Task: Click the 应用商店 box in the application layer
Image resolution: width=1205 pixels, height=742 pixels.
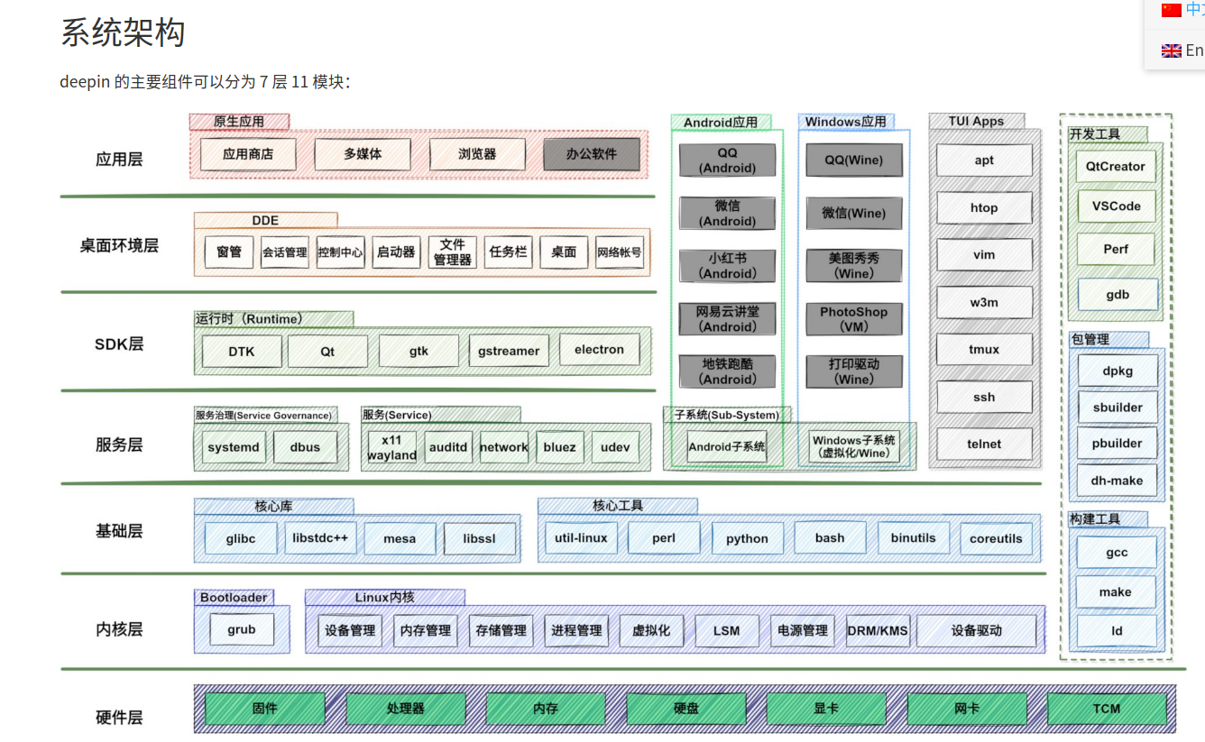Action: tap(248, 154)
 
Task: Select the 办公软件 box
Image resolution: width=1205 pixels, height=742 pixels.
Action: tap(592, 154)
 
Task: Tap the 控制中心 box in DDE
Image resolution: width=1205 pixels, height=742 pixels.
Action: tap(340, 252)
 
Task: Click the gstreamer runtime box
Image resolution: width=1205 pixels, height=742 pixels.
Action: tap(509, 351)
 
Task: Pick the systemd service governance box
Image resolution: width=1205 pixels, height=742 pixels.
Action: tap(234, 447)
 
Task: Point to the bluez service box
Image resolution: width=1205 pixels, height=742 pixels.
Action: tap(559, 447)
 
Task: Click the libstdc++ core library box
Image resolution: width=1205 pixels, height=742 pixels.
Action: tap(320, 538)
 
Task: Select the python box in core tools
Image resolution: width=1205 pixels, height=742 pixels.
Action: tap(747, 538)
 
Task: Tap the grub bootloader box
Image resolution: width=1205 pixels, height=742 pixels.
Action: tap(242, 630)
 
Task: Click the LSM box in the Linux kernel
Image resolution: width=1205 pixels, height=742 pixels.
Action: tap(726, 630)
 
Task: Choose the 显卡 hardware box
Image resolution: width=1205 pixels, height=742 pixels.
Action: tap(826, 709)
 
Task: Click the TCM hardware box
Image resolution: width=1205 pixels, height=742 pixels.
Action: tap(1106, 709)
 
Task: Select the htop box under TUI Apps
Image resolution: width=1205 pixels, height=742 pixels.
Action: tap(984, 208)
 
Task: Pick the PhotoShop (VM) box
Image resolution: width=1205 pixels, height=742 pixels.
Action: tap(853, 319)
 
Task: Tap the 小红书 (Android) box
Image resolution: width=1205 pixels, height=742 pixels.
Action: tap(728, 266)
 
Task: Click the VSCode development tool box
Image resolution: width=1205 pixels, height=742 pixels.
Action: tap(1116, 206)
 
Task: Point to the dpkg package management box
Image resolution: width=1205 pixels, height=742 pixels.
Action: tap(1118, 371)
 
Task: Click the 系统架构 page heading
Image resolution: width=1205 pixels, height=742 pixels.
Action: tap(123, 33)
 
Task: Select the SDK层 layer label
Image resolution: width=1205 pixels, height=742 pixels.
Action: tap(119, 344)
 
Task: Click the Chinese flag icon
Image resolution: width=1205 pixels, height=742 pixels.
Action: tap(1171, 10)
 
